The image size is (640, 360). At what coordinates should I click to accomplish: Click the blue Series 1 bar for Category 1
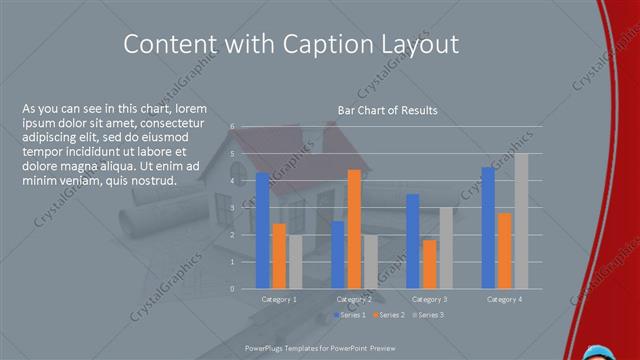tap(262, 230)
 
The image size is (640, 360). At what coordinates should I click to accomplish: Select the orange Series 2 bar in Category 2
tap(354, 229)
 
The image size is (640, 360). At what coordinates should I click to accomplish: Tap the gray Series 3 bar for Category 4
tap(521, 221)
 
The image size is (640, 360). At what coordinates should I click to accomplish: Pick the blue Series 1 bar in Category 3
tap(413, 241)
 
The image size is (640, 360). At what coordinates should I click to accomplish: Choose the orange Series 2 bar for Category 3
tap(429, 264)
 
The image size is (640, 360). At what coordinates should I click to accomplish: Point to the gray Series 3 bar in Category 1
tap(295, 262)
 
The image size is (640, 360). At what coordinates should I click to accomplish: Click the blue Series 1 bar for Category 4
tap(488, 228)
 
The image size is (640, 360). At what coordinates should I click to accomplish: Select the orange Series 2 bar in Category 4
tap(505, 250)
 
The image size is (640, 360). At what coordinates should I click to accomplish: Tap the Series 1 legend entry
tap(349, 315)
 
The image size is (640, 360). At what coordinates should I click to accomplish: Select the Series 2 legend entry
tap(388, 315)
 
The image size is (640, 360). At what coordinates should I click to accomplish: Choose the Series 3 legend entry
tap(428, 315)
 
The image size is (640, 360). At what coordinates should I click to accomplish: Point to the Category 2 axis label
tap(354, 299)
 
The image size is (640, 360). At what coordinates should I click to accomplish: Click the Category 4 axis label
tap(504, 299)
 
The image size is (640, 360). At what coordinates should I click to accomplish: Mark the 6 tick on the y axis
tap(232, 127)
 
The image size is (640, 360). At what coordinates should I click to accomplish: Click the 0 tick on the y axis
tap(232, 289)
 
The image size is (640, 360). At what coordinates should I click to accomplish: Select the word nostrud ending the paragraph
tap(156, 181)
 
